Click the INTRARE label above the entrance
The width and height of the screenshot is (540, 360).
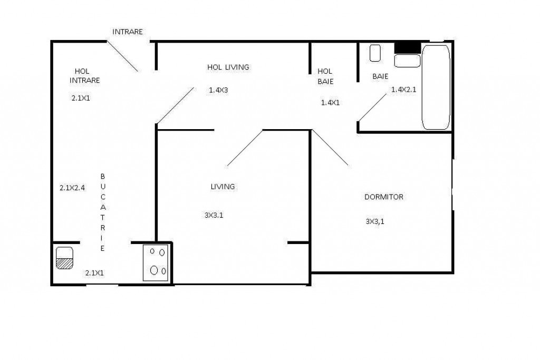128,32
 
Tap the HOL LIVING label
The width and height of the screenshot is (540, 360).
228,67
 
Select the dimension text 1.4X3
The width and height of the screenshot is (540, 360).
218,90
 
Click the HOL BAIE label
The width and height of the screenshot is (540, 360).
325,76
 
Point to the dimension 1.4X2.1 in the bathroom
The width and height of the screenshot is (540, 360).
404,90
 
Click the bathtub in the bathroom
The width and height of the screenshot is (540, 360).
436,87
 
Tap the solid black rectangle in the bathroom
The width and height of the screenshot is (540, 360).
408,47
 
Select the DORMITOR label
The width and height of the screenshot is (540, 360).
384,197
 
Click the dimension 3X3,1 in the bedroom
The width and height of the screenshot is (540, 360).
375,222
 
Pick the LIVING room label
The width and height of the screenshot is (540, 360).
223,187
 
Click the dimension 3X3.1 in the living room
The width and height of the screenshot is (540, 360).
214,215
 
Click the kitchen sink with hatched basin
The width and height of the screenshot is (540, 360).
65,258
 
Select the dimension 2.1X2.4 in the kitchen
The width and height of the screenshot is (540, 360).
72,187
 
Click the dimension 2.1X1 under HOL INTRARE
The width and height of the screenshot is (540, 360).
81,98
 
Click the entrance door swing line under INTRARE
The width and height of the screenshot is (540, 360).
122,55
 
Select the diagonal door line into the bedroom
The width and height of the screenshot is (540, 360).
331,148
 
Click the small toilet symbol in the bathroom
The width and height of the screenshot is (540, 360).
375,53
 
